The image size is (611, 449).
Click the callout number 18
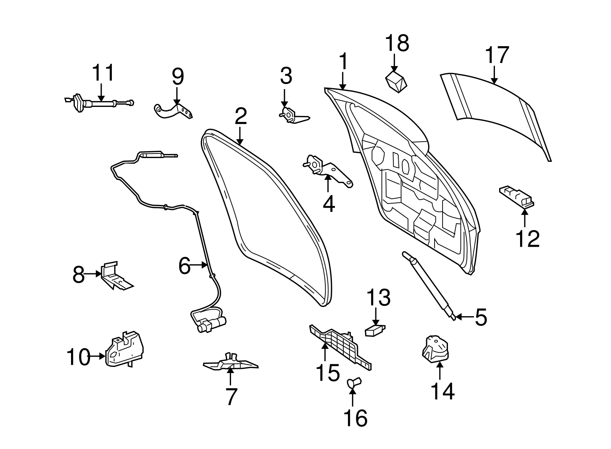[397, 43]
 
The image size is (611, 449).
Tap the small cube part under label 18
[396, 81]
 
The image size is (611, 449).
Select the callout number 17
[497, 55]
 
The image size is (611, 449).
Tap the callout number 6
[184, 266]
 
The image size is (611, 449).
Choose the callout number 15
[328, 373]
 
